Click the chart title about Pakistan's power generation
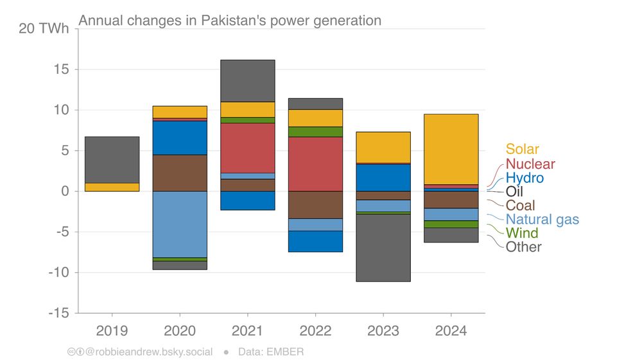coord(229,21)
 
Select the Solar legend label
coord(522,150)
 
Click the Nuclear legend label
coord(530,164)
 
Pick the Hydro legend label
coord(524,178)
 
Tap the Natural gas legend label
coord(542,219)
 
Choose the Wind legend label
coord(521,233)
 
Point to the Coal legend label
coord(521,205)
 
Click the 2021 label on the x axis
coord(247,331)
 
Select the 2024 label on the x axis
coord(451,331)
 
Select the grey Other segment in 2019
coord(112,159)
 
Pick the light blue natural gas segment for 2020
coord(180,224)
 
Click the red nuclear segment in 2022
coord(315,164)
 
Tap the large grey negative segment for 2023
coord(383,248)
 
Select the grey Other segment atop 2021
coord(247,80)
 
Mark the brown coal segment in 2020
coord(180,173)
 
